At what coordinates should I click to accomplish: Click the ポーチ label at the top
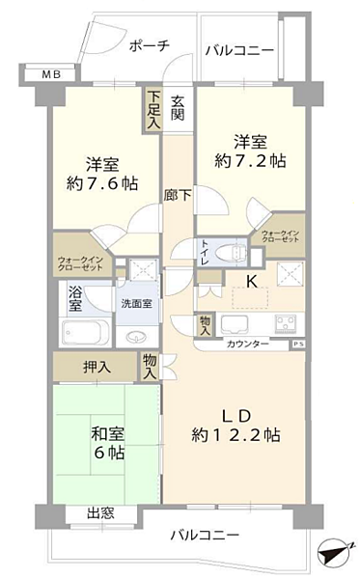(x=149, y=45)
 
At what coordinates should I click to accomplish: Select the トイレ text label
(x=204, y=253)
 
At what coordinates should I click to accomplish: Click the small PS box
(x=297, y=343)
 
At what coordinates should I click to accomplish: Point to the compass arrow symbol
(x=333, y=554)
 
